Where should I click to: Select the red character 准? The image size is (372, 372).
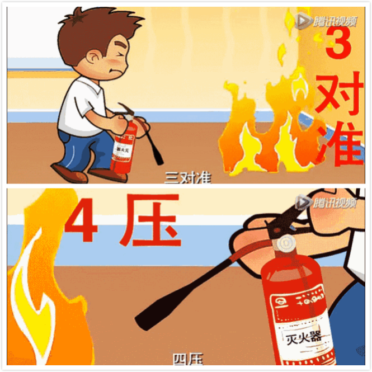pyautogui.click(x=340, y=144)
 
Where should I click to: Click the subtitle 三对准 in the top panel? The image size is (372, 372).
pyautogui.click(x=187, y=178)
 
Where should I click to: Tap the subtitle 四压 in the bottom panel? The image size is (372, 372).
pyautogui.click(x=187, y=359)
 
